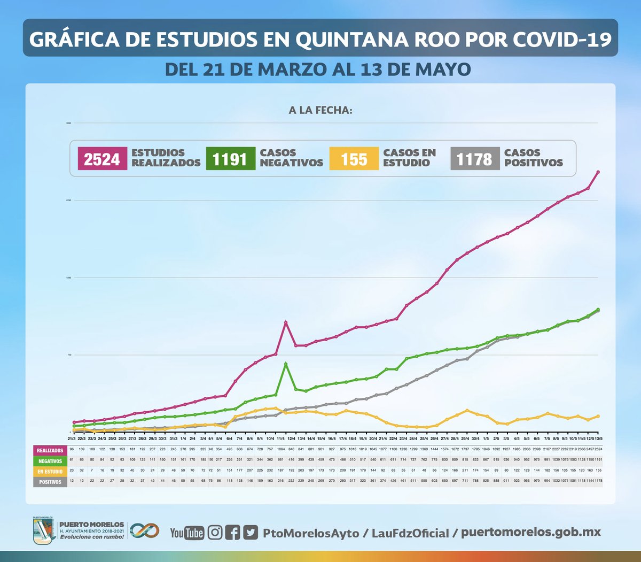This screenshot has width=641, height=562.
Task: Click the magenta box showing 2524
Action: point(102,159)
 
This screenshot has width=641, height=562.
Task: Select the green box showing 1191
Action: point(230,159)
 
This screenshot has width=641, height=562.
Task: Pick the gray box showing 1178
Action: point(475,159)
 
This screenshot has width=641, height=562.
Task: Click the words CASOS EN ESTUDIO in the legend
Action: point(409,158)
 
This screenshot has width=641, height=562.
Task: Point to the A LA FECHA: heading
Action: point(320,111)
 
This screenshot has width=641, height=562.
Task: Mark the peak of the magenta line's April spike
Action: point(286,322)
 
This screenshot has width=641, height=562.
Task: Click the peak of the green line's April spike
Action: point(286,364)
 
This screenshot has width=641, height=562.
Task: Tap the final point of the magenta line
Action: point(598,172)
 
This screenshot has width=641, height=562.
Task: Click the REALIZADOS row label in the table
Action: point(50,451)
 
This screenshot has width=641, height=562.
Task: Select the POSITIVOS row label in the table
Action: point(50,482)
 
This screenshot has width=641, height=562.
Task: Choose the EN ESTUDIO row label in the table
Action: point(50,472)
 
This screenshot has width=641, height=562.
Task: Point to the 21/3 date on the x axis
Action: point(71,438)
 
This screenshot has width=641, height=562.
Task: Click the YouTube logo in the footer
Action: point(186,533)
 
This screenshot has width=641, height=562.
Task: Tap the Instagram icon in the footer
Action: point(215,533)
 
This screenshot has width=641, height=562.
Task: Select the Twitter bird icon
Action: point(251,533)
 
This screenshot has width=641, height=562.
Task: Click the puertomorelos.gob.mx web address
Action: point(530,533)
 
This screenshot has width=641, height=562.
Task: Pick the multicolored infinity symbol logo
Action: point(145,530)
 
